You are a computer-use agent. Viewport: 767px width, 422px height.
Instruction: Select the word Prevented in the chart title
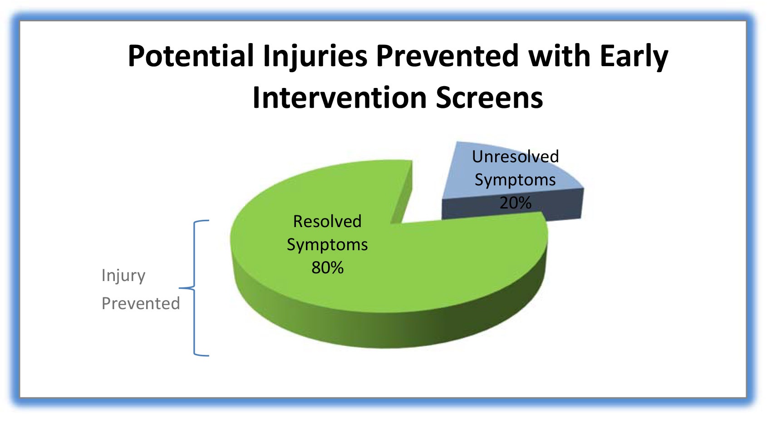[x=447, y=56]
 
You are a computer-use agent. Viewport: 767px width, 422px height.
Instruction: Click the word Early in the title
[x=634, y=57]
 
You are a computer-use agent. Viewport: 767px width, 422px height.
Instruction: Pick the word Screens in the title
[x=489, y=98]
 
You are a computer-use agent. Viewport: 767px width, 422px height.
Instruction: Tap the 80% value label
[x=327, y=268]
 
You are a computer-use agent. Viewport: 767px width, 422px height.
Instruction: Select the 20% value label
[x=515, y=203]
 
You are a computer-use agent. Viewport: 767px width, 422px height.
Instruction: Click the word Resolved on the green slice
[x=327, y=221]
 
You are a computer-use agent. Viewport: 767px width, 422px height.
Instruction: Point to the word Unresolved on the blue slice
[x=515, y=156]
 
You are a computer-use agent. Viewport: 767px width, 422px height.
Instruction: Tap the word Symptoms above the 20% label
[x=515, y=180]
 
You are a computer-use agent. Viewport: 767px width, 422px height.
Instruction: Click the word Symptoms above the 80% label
[x=327, y=245]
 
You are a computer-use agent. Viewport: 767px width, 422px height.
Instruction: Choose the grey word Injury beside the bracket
[x=123, y=275]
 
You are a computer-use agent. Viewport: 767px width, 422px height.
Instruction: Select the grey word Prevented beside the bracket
[x=141, y=303]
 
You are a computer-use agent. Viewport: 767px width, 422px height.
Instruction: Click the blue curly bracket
[x=194, y=288]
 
